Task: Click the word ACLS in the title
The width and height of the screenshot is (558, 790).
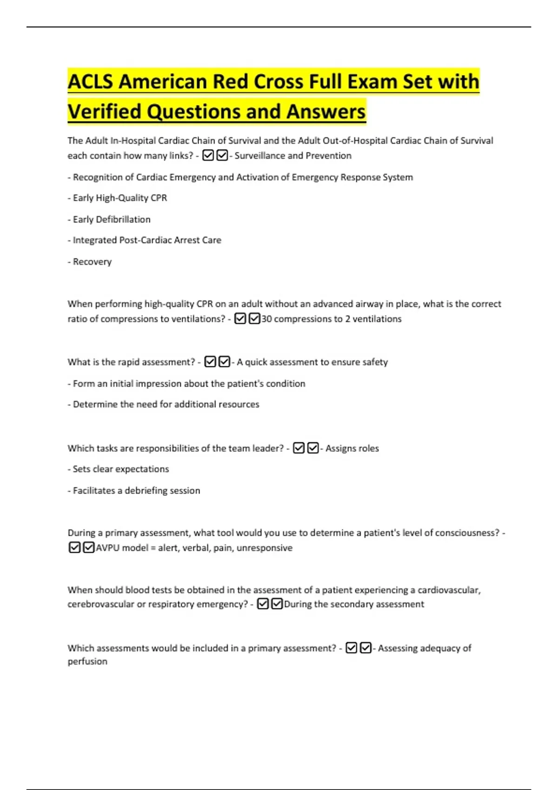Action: click(90, 82)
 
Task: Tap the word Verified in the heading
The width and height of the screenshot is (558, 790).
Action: click(104, 112)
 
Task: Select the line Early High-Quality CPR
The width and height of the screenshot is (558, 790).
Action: click(117, 198)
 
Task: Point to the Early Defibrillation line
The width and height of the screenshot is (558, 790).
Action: click(109, 219)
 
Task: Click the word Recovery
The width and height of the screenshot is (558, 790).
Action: click(92, 262)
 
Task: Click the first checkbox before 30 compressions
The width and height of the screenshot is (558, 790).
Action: click(240, 319)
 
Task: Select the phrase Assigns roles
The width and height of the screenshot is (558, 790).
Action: click(352, 448)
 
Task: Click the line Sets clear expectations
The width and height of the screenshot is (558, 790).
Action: click(119, 469)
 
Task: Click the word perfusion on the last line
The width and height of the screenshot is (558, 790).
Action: click(87, 662)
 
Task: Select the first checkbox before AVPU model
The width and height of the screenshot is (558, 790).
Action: click(74, 547)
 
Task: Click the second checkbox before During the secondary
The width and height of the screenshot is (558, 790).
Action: click(277, 604)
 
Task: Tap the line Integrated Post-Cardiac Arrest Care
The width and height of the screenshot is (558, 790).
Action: click(145, 240)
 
